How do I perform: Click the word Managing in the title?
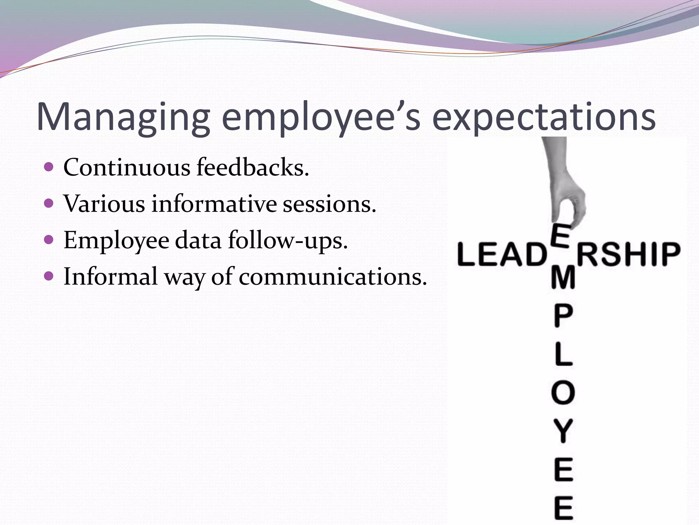click(x=123, y=117)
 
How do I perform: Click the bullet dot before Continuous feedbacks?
click(x=49, y=167)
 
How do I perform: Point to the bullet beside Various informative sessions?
click(x=49, y=203)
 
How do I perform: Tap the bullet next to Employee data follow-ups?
click(x=49, y=240)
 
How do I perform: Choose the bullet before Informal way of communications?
click(x=49, y=276)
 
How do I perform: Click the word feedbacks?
click(x=253, y=167)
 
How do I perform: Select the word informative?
click(x=214, y=204)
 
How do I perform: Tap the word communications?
click(x=333, y=276)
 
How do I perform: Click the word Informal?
click(x=111, y=276)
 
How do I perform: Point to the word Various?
click(x=104, y=204)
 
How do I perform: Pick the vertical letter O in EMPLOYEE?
click(x=563, y=393)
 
